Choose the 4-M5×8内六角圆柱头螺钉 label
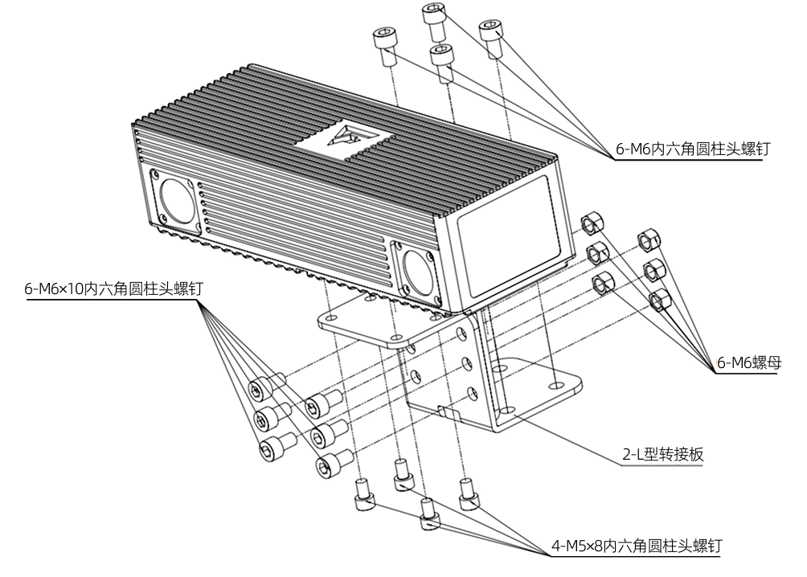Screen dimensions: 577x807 (x=637, y=546)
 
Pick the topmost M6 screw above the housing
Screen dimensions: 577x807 (x=434, y=20)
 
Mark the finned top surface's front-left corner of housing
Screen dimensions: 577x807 (x=133, y=125)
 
